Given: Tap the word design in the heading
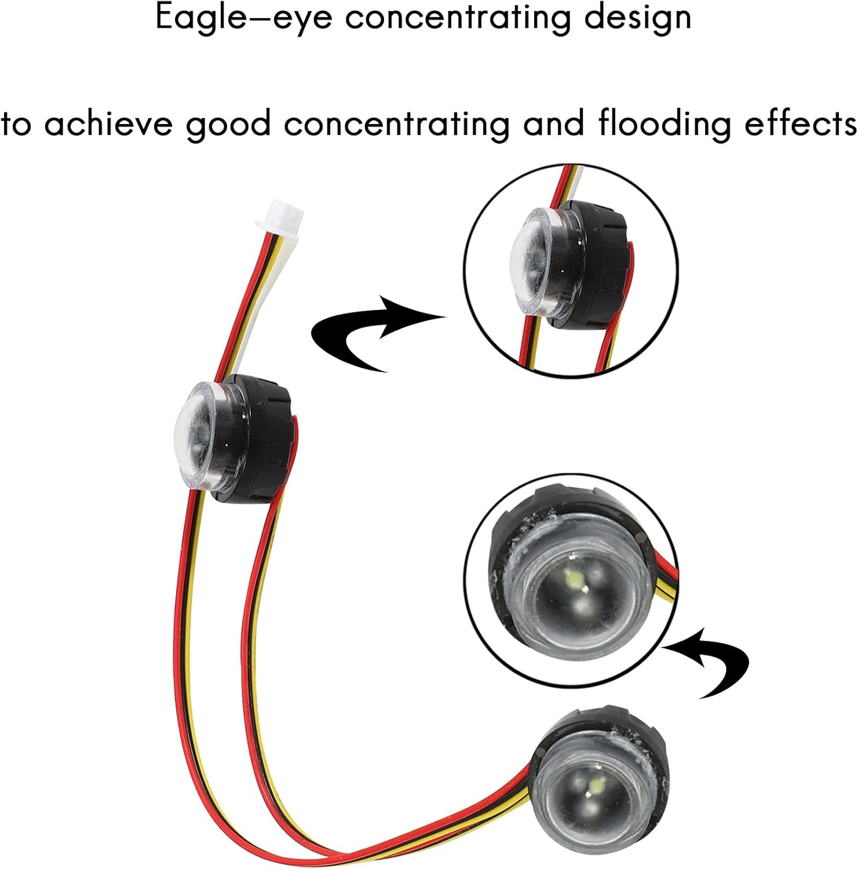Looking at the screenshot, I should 637,17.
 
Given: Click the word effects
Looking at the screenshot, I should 800,124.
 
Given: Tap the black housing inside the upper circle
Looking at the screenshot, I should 600,255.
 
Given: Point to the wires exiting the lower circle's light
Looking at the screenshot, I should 666,582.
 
